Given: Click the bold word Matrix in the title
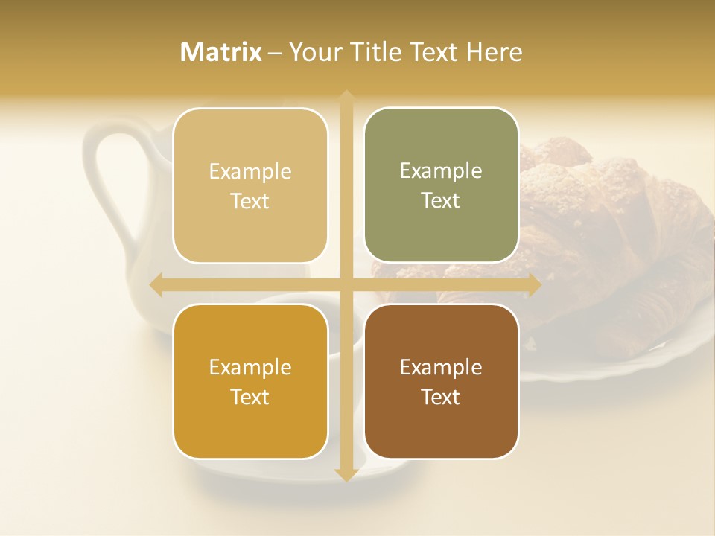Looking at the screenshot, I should point(221,52).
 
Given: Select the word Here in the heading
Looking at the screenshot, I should point(494,52).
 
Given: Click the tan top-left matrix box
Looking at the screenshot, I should point(250,186).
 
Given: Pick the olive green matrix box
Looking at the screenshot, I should point(441,185).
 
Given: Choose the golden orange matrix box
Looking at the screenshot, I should point(250,381).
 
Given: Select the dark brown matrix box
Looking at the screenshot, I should point(441,381).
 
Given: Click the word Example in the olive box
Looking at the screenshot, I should point(441,171).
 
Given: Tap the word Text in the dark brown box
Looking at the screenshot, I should point(441,397).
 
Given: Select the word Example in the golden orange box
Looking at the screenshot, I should point(250,367).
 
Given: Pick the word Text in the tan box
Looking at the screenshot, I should point(250,202).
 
